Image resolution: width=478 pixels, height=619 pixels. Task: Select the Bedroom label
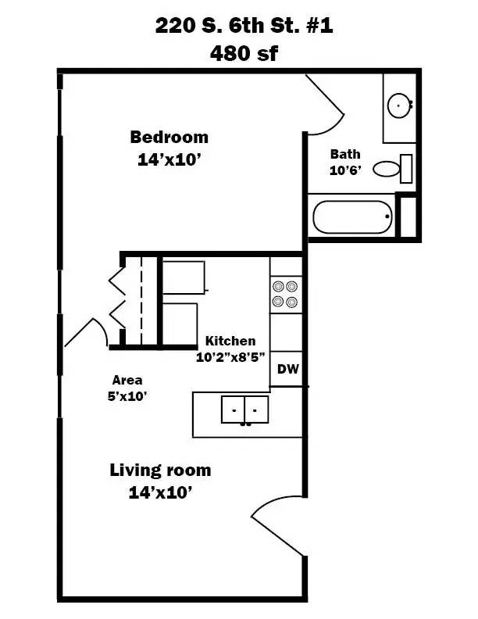[x=169, y=138]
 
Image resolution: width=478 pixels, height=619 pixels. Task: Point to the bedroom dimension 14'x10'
[x=169, y=161]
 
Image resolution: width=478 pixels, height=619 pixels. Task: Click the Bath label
[x=344, y=154]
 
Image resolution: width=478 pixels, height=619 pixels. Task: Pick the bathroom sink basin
[x=400, y=103]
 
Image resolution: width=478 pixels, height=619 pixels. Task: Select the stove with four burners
[x=286, y=294]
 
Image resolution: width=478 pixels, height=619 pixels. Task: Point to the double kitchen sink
[x=244, y=409]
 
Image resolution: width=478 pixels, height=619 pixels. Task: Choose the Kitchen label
[x=230, y=341]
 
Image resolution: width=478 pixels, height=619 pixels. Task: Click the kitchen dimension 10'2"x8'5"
[x=232, y=358]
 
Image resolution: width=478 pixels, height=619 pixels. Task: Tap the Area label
[x=127, y=380]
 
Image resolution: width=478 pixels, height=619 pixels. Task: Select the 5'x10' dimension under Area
[x=127, y=395]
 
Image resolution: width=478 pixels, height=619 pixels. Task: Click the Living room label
[x=160, y=471]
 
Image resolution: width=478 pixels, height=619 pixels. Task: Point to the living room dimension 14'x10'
[x=160, y=493]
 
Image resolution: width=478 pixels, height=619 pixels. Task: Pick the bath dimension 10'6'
[x=344, y=171]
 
